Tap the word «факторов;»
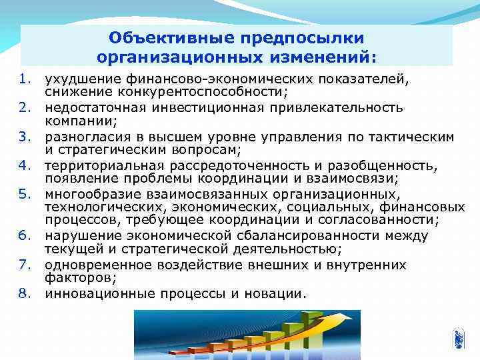[76, 277]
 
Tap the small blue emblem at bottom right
[459, 338]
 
